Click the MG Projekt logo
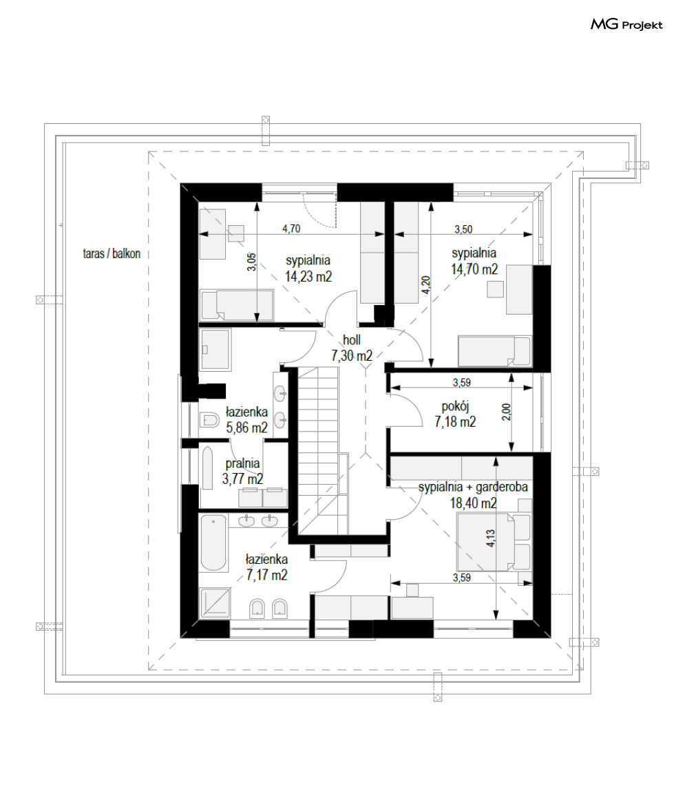[626, 24]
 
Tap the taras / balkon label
[112, 253]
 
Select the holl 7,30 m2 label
[352, 348]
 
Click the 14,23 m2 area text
[308, 276]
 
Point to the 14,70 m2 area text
[474, 269]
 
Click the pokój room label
[455, 407]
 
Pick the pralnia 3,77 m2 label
[242, 471]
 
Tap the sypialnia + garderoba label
[473, 487]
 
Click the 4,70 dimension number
[291, 229]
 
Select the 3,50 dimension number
[463, 229]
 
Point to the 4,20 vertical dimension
[425, 285]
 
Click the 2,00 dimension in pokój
[507, 412]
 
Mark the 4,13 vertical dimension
[490, 538]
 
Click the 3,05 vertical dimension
[251, 262]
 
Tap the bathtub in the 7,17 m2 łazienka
[213, 543]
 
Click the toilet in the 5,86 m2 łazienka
[210, 419]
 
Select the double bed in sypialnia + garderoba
[494, 541]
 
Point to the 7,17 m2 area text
[267, 575]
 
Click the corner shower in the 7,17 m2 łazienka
[215, 602]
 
